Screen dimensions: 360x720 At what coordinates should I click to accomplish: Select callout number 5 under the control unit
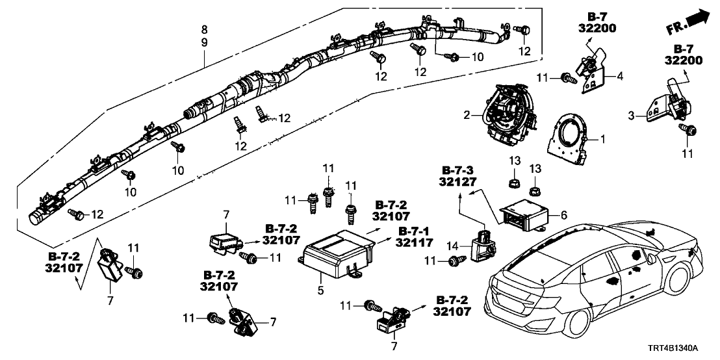point(320,290)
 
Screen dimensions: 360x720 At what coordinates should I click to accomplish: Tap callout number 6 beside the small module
point(563,213)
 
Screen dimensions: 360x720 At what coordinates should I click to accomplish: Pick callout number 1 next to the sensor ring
point(602,138)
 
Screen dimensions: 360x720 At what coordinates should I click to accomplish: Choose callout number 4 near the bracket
point(619,76)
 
